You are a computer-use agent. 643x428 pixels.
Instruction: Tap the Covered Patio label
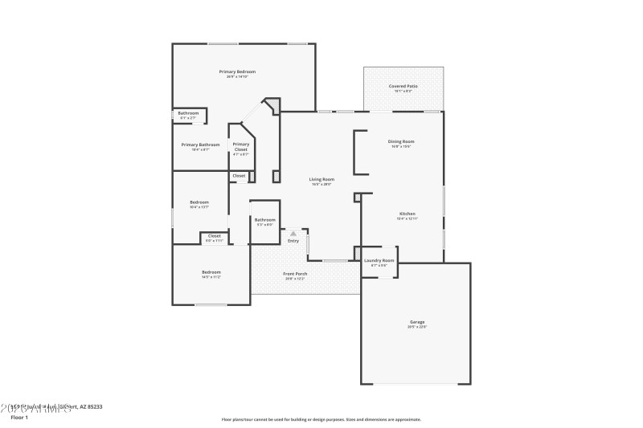403,86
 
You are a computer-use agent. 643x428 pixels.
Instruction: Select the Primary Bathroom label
200,145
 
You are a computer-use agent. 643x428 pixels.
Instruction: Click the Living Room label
322,179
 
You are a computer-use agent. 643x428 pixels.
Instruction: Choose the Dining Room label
402,141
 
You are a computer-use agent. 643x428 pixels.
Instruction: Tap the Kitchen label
408,214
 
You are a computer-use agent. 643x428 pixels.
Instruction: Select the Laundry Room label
379,260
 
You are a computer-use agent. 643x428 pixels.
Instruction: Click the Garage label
416,322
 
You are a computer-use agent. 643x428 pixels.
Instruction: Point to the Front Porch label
295,274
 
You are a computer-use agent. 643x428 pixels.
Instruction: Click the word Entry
293,241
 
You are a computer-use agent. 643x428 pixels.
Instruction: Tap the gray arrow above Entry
293,234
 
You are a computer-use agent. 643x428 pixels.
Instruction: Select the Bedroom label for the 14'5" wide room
211,272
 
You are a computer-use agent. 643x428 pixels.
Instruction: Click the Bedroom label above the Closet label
199,202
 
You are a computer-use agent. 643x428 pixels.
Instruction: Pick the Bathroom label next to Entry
265,220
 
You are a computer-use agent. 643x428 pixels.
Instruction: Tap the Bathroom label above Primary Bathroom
188,113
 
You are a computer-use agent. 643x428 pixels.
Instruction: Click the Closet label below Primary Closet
239,175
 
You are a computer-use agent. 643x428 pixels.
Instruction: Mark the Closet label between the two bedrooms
215,236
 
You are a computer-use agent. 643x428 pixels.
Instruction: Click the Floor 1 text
19,417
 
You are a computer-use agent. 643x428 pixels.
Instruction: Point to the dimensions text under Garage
416,327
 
